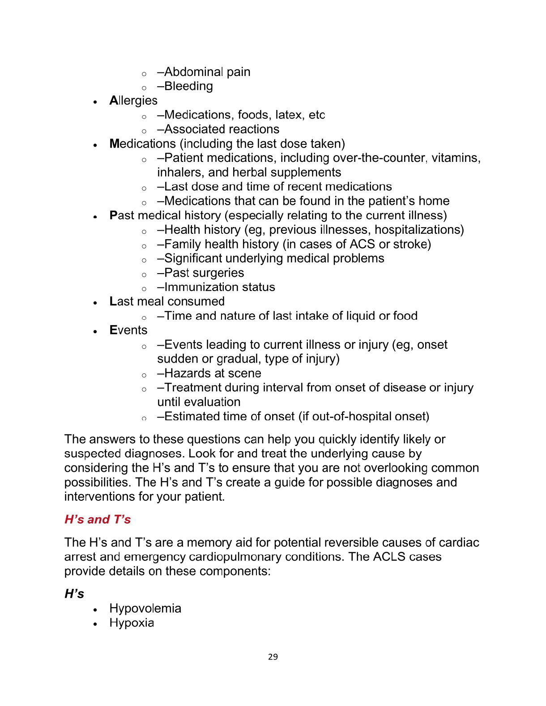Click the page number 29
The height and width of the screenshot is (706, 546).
click(273, 657)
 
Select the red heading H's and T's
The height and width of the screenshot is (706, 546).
click(98, 520)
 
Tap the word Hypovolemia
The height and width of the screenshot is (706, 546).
click(145, 609)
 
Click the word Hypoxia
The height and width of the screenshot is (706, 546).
click(132, 623)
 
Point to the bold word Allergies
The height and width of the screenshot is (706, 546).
click(133, 101)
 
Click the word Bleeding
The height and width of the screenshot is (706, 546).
click(188, 86)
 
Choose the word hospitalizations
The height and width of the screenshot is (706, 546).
click(419, 230)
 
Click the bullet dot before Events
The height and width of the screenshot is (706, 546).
click(95, 332)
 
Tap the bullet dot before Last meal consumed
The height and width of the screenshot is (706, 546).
click(95, 303)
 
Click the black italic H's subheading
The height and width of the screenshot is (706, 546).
click(74, 594)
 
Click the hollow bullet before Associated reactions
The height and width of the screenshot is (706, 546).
click(144, 131)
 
